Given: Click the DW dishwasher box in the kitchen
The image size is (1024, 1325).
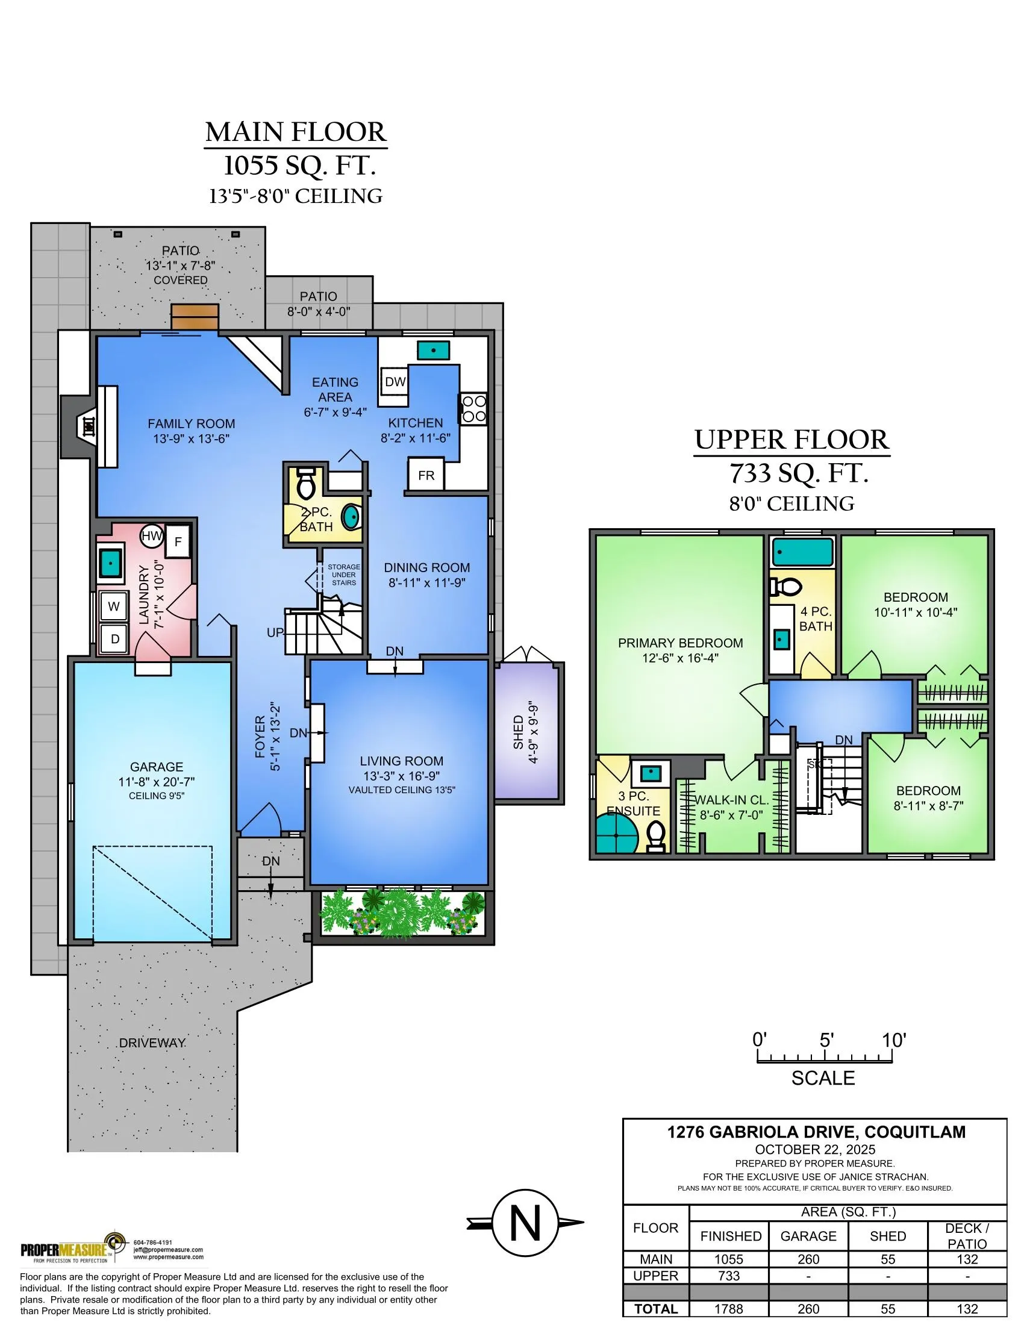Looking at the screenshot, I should pos(395,382).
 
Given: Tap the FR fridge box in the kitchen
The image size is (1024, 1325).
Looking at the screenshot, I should pos(426,475).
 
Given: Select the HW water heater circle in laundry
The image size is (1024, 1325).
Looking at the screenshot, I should pos(151,535).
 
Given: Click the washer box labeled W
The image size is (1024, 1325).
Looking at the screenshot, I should pos(113,605).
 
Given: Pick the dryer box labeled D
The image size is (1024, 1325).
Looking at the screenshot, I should pos(114,638).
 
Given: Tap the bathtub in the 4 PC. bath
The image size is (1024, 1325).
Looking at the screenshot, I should pos(802,553).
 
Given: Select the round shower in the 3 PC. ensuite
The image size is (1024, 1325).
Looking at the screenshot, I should pos(616,835).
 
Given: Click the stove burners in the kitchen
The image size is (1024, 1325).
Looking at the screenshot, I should pos(473,408).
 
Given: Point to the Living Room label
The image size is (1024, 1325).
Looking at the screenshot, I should pos(401,761).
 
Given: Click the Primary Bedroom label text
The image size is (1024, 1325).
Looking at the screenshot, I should pos(680,643).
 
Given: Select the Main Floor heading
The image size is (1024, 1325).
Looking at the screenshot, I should pos(295,132).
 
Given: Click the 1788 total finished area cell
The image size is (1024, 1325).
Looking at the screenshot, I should pos(729,1309).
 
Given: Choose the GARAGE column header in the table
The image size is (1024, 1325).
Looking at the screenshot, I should pos(808,1236).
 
